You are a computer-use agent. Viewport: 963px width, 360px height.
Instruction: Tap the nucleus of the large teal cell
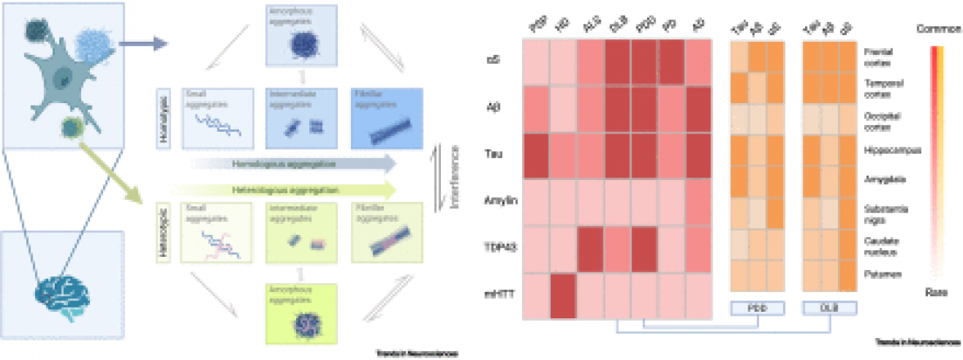click(x=62, y=79)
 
